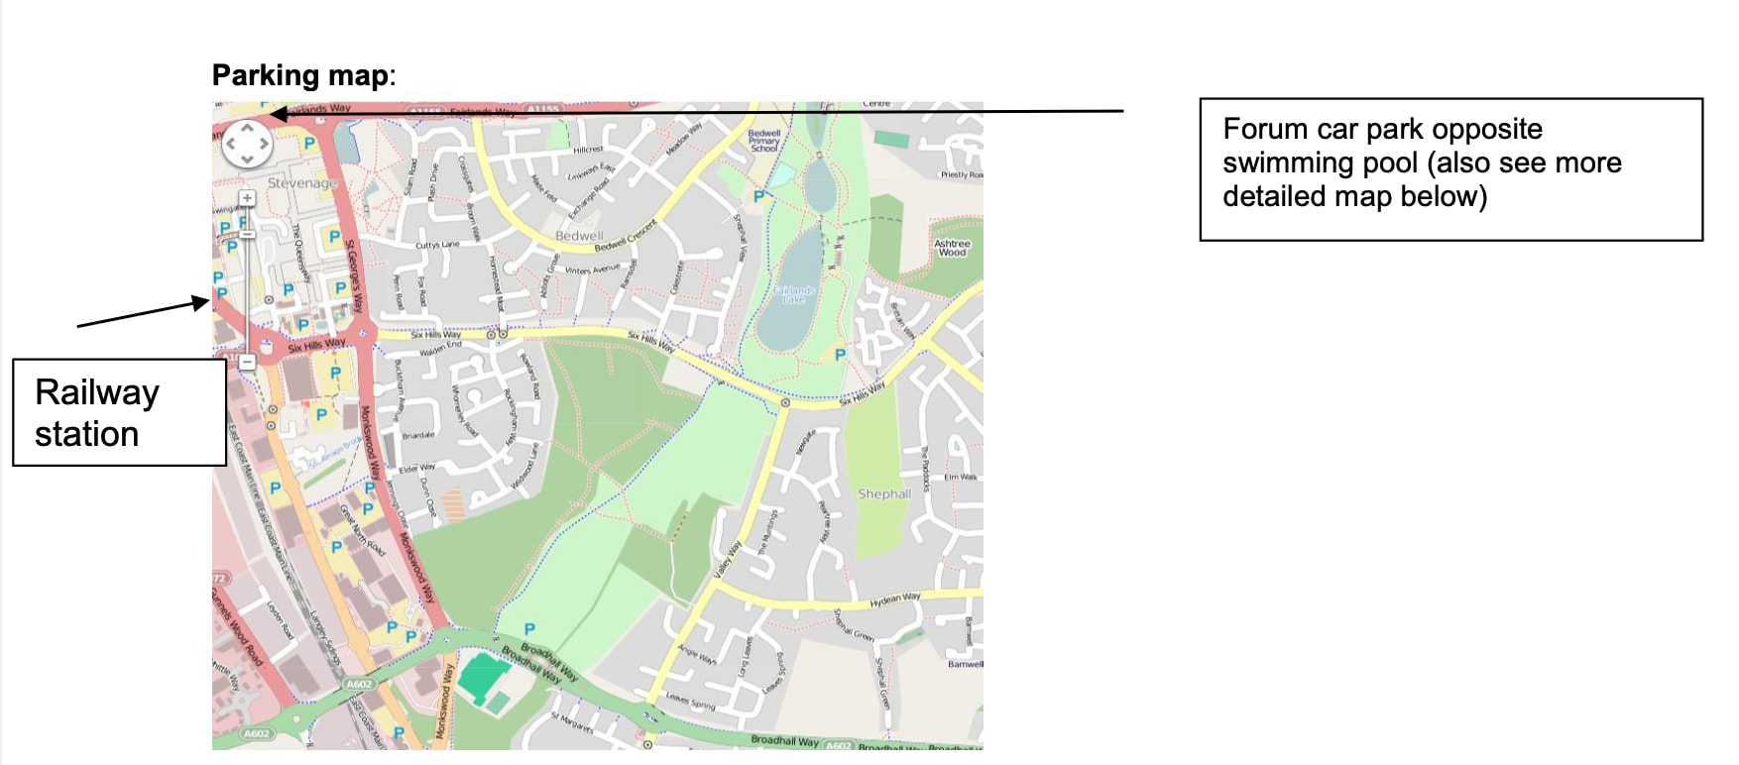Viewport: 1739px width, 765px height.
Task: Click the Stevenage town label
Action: click(x=301, y=183)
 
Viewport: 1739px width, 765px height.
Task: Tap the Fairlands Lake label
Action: click(x=795, y=294)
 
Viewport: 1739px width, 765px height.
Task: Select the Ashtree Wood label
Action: click(x=952, y=248)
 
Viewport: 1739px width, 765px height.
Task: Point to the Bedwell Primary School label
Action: click(x=764, y=141)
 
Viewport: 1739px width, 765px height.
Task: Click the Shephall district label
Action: click(x=883, y=493)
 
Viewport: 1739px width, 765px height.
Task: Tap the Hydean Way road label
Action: click(x=895, y=600)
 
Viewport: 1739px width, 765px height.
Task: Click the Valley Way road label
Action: click(x=729, y=560)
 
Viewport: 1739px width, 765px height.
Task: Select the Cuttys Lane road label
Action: click(x=437, y=245)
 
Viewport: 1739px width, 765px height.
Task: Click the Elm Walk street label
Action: click(x=960, y=477)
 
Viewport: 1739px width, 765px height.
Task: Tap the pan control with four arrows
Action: click(x=246, y=144)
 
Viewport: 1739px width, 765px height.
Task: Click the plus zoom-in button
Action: click(x=247, y=198)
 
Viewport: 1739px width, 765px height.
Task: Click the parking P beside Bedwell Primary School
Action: click(x=758, y=196)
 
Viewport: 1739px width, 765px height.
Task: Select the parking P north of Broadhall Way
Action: click(x=529, y=628)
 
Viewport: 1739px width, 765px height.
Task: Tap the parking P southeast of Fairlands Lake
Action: click(x=840, y=355)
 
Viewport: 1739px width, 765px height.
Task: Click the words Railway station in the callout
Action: click(x=97, y=412)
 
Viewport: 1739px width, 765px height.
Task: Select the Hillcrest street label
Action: click(x=588, y=150)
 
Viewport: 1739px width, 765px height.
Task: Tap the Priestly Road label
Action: click(x=962, y=175)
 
